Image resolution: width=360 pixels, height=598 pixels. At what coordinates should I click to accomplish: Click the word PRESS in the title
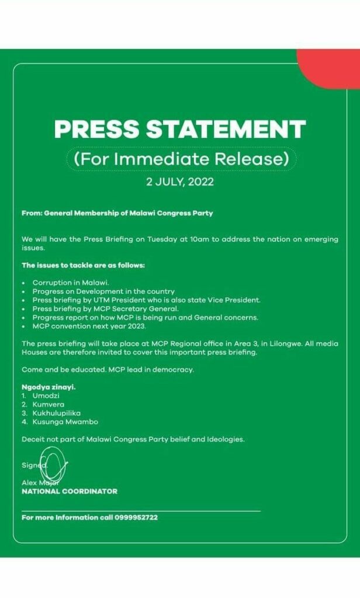pos(97,129)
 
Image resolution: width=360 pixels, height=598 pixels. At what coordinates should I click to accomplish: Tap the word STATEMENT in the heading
pos(224,129)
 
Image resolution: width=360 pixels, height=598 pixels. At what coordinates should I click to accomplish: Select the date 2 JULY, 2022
pos(180,182)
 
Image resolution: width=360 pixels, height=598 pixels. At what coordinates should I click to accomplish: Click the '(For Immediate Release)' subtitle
pos(182,158)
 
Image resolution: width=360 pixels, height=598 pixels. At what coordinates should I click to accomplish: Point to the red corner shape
pos(331,68)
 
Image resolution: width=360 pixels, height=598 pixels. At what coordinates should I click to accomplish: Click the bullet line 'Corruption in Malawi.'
pos(71,282)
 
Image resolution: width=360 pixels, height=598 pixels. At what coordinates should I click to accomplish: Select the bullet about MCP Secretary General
pos(106,308)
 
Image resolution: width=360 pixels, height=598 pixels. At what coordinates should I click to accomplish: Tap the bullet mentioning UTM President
pos(146,300)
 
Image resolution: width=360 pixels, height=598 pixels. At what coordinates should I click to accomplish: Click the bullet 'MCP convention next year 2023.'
pos(89,326)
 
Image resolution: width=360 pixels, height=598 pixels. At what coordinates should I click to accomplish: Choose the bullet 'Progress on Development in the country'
pos(103,291)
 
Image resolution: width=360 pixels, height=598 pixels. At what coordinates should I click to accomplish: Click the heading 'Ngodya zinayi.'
pos(49,387)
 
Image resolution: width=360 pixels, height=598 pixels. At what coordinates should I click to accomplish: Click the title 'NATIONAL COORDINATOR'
pos(69,492)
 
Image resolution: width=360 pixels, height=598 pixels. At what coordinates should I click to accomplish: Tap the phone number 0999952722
pos(136,517)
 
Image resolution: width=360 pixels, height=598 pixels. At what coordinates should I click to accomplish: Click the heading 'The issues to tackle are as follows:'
pos(83,265)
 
